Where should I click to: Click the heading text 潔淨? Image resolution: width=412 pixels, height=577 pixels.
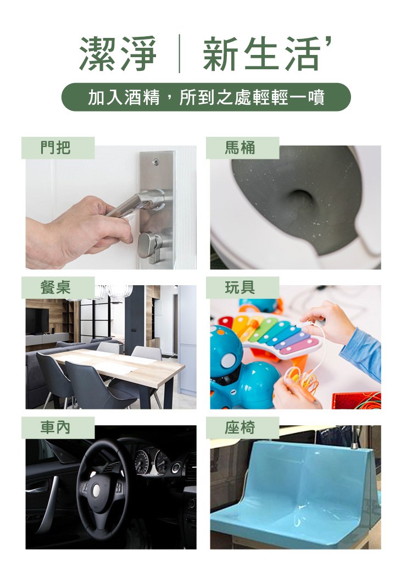tap(118, 54)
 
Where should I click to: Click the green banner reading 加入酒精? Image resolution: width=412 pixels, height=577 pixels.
tap(206, 97)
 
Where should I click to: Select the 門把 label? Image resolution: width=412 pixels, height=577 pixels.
tap(58, 148)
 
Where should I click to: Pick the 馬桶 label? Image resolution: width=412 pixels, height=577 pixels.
tap(242, 148)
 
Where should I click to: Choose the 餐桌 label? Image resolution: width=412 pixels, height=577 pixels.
tap(58, 287)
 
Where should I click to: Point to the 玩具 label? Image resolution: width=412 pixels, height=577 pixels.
tap(242, 287)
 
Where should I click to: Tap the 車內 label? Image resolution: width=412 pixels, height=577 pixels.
tap(58, 428)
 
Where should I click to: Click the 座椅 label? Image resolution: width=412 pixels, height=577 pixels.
tap(242, 428)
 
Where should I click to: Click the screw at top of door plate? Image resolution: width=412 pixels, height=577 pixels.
tap(155, 161)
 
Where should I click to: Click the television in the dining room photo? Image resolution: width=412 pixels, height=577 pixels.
tap(37, 320)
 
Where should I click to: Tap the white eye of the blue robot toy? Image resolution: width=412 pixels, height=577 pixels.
tap(228, 360)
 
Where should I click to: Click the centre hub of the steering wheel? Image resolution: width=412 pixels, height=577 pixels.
tap(96, 490)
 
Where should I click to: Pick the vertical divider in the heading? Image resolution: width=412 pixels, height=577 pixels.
tap(180, 54)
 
